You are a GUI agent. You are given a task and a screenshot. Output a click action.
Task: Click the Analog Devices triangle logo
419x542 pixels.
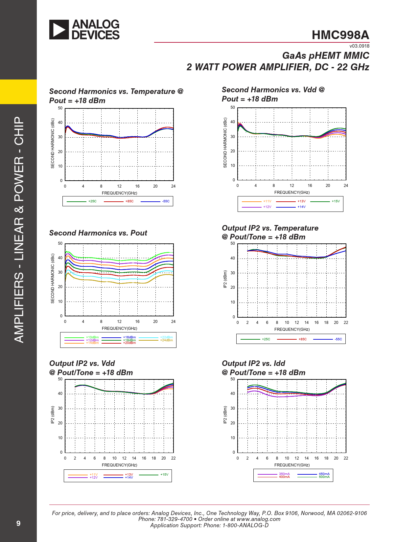click(59, 30)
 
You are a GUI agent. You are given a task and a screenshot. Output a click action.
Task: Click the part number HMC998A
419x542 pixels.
click(340, 35)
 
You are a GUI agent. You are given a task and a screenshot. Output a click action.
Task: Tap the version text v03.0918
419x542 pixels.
click(359, 46)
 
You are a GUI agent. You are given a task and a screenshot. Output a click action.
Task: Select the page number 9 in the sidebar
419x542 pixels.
click(18, 523)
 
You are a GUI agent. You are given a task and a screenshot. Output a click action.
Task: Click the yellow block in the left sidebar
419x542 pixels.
click(18, 92)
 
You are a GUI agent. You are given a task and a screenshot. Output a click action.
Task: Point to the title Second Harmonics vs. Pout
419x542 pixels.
click(98, 233)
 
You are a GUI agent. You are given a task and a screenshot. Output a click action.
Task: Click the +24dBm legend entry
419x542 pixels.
click(166, 340)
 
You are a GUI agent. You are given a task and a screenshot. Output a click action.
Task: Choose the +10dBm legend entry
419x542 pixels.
click(92, 337)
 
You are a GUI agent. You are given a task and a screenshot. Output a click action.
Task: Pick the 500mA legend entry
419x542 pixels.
click(324, 477)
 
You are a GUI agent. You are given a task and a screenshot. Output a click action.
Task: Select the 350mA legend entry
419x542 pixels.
click(284, 474)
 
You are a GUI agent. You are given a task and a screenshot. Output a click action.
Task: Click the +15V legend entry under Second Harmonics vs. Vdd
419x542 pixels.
click(336, 201)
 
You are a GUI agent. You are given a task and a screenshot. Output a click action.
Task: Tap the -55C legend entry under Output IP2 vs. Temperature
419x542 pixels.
click(338, 339)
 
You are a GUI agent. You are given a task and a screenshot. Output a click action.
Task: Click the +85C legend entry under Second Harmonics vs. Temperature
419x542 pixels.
click(129, 201)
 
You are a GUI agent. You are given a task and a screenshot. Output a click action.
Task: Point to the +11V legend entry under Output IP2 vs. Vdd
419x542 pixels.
click(94, 475)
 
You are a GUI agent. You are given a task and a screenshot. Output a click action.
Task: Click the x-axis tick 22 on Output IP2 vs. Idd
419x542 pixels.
click(346, 458)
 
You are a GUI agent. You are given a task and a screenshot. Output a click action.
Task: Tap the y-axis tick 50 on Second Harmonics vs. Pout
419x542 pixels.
click(60, 243)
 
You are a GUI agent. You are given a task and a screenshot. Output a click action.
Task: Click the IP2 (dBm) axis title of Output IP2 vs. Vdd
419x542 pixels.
click(52, 415)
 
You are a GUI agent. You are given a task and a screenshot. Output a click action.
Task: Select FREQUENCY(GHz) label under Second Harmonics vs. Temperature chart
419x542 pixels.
click(119, 193)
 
